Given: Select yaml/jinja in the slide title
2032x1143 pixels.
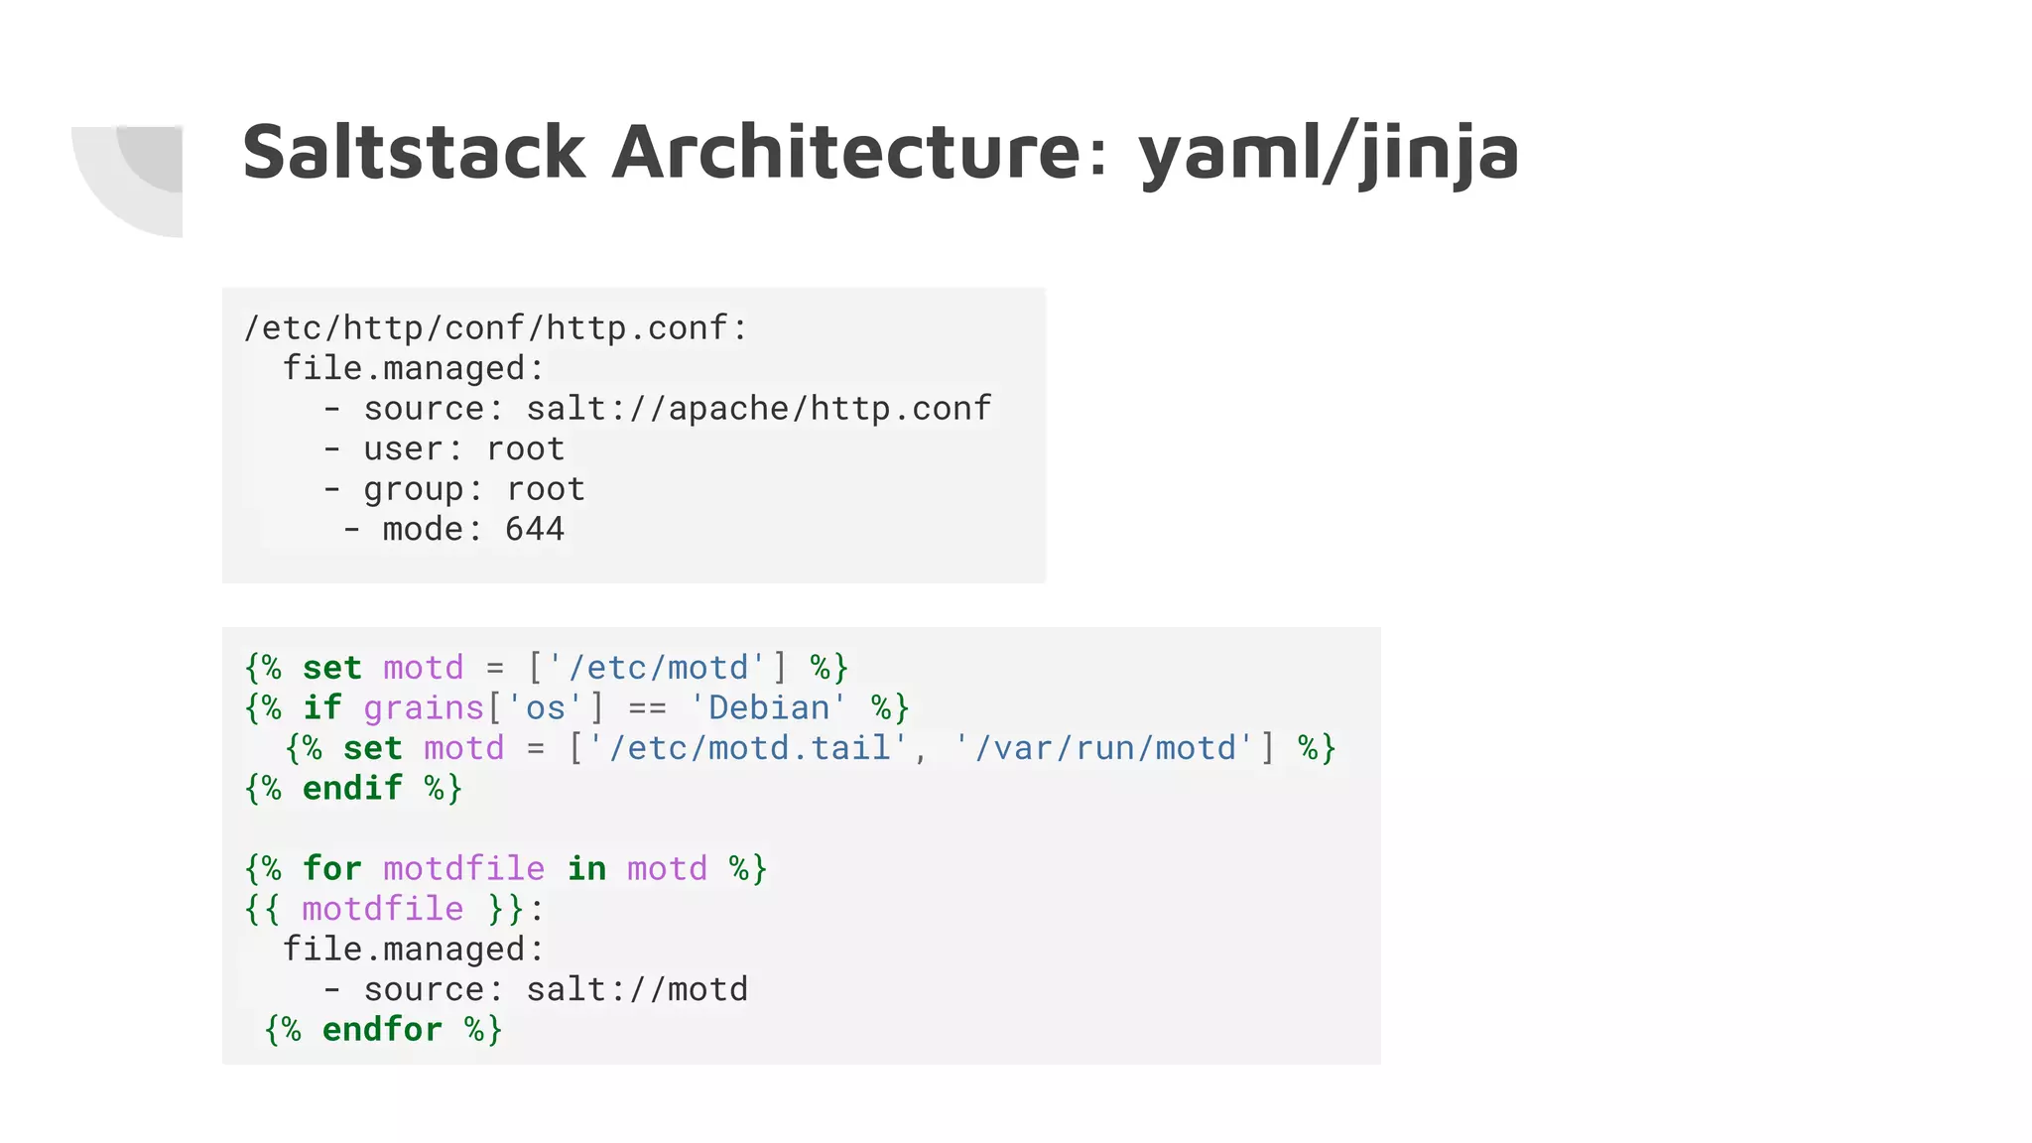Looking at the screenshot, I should point(1328,154).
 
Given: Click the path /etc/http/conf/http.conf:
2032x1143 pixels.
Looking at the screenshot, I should point(495,327).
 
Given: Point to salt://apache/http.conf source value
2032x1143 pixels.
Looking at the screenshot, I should point(758,408).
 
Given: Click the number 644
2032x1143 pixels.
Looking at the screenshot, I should point(535,529).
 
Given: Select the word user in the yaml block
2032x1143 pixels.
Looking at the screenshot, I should point(403,448).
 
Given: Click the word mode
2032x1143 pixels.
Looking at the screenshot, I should point(424,529).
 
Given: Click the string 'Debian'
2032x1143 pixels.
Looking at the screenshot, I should point(768,707).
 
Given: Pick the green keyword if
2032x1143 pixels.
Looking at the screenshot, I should point(322,707).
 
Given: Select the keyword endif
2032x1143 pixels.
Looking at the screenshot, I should point(352,788).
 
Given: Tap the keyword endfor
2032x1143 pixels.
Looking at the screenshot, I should point(382,1029).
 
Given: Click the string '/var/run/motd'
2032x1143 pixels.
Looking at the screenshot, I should point(1103,747).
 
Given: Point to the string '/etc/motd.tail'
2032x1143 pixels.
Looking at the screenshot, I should point(748,747).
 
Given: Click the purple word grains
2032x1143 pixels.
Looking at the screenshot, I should point(424,707).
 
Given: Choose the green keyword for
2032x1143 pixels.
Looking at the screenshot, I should point(332,868).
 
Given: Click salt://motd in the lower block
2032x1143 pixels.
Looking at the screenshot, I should point(637,989).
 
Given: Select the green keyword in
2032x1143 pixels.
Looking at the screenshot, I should point(586,868).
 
